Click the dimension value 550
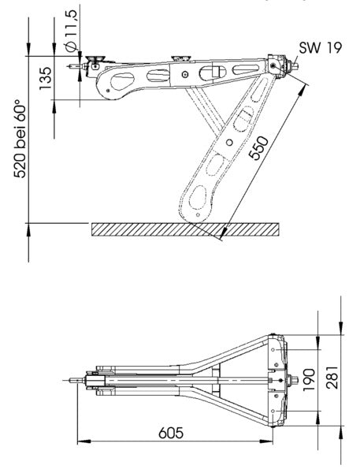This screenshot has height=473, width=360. [258, 148]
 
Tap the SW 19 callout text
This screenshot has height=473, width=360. [321, 47]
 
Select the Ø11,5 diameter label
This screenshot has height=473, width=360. [72, 31]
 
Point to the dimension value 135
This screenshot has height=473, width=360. [45, 78]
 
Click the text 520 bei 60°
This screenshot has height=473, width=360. [20, 138]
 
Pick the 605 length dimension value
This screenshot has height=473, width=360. [171, 433]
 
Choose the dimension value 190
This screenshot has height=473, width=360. [309, 380]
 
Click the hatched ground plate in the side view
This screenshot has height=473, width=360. [185, 229]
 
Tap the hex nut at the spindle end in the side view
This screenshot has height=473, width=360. [294, 65]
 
